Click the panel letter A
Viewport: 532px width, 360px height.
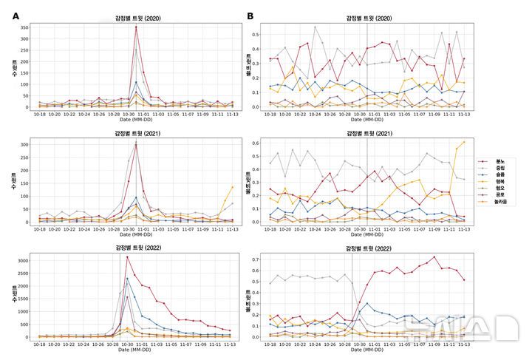pyautogui.click(x=16, y=16)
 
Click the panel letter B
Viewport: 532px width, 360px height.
pyautogui.click(x=250, y=16)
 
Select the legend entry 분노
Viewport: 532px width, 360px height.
pyautogui.click(x=500, y=160)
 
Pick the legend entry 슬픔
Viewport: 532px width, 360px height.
pyautogui.click(x=500, y=174)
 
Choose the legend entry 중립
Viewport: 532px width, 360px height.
pyautogui.click(x=500, y=167)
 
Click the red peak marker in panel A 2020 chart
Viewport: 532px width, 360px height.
pyautogui.click(x=136, y=27)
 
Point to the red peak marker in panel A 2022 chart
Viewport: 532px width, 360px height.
pyautogui.click(x=127, y=257)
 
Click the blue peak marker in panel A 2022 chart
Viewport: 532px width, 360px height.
pyautogui.click(x=127, y=279)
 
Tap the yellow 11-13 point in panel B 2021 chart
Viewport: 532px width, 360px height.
pyautogui.click(x=464, y=142)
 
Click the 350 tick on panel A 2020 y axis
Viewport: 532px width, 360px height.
pyautogui.click(x=24, y=27)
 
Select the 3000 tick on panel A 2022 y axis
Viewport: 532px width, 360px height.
pyautogui.click(x=22, y=260)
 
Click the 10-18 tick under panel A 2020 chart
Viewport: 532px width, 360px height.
pyautogui.click(x=38, y=115)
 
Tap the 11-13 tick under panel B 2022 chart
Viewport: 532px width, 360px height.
pyautogui.click(x=463, y=344)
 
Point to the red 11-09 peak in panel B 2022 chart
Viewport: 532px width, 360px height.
pyautogui.click(x=434, y=257)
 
